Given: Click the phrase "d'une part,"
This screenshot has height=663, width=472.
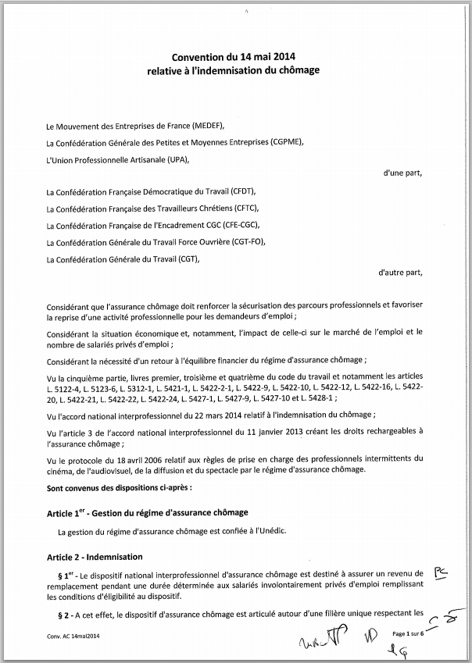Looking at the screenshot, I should click(x=403, y=173).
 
